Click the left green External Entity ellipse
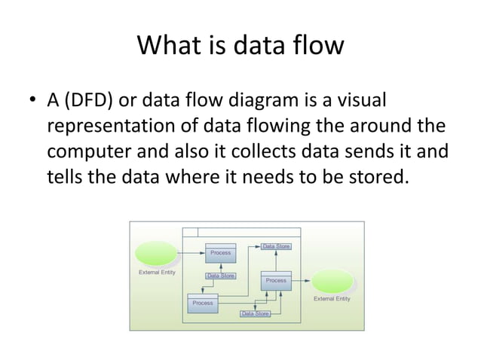pos(155,254)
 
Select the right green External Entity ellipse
pos(332,282)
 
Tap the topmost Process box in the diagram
pos(220,253)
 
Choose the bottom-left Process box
pos(202,303)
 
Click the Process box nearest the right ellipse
pos(276,280)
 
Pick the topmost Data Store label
pos(276,246)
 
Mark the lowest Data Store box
pos(255,313)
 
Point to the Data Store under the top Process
pos(221,276)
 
